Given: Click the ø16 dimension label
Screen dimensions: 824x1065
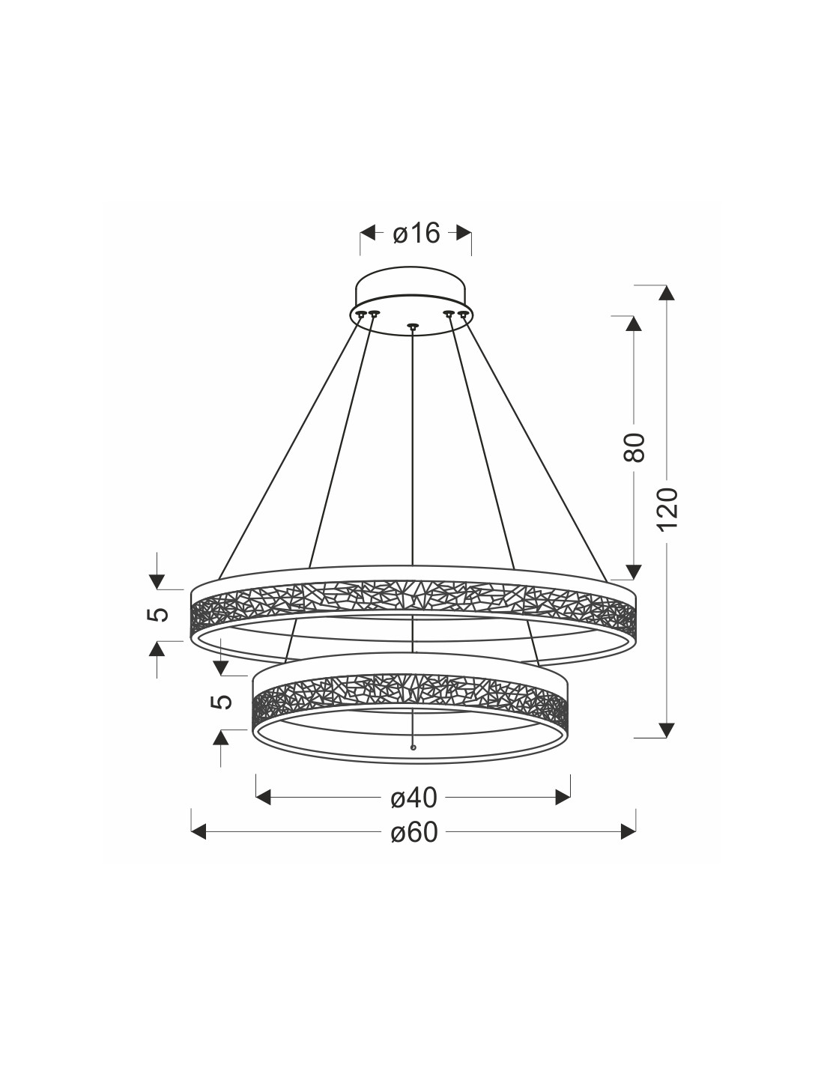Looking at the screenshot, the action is coord(416,233).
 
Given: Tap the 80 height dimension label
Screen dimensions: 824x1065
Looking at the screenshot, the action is coord(633,447).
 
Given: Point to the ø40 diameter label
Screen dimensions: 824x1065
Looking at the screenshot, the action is coord(414,798).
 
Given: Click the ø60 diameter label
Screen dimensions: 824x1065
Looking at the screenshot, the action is coord(414,832).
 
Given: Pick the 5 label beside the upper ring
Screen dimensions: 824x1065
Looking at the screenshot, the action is coord(158,614).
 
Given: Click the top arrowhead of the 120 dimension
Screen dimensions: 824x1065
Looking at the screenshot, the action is coord(667,293).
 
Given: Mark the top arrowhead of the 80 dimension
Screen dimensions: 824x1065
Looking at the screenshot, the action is coord(633,324).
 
